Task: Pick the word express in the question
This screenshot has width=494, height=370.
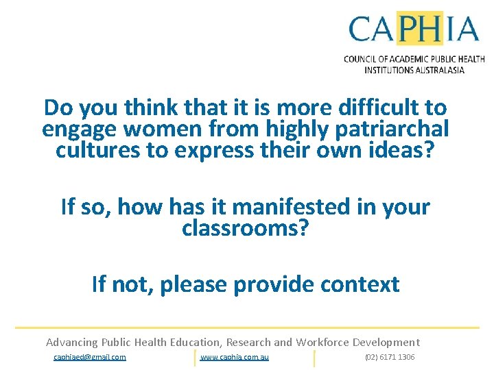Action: pos(204,149)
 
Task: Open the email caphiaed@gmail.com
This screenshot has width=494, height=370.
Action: pos(90,357)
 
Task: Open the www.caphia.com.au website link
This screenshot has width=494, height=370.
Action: pos(235,357)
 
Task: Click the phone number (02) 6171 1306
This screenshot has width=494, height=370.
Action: pos(390,357)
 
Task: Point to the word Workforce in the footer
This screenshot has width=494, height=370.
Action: pos(321,342)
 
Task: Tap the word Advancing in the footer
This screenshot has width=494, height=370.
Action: pos(71,342)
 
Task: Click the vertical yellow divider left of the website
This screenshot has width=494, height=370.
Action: pos(195,358)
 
